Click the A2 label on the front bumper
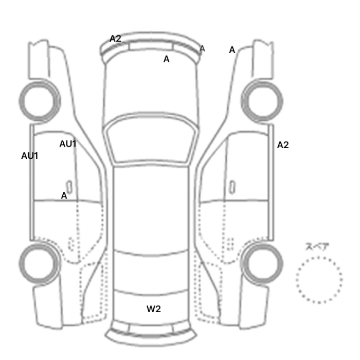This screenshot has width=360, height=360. click(115, 39)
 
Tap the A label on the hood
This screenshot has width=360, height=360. click(167, 59)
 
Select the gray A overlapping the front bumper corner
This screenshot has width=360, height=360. click(202, 49)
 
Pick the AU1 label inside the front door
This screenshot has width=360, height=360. click(68, 144)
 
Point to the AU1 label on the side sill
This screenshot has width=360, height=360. click(30, 156)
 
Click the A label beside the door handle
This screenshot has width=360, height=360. click(64, 195)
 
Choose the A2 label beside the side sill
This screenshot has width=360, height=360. click(283, 145)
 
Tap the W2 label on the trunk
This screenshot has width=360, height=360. click(154, 309)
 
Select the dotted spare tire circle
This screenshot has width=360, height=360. click(319, 257)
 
